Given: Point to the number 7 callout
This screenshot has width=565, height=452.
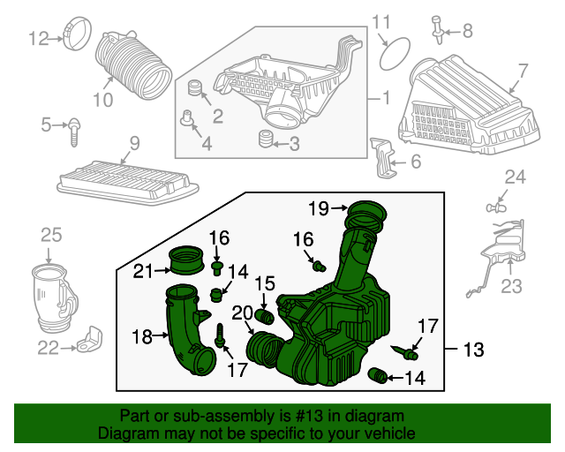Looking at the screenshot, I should [x=522, y=71].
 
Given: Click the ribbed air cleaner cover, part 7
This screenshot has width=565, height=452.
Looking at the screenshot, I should [x=472, y=104].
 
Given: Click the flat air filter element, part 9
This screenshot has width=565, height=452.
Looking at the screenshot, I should [x=124, y=181].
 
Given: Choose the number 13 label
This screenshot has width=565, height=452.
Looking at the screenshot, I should [x=473, y=350].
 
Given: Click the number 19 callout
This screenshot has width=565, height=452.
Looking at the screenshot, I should [x=319, y=208].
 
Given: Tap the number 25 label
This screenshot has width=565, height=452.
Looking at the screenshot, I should [x=51, y=234].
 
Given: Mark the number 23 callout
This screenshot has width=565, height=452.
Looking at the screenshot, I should [x=512, y=286].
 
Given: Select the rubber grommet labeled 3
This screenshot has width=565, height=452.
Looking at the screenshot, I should [x=262, y=139].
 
